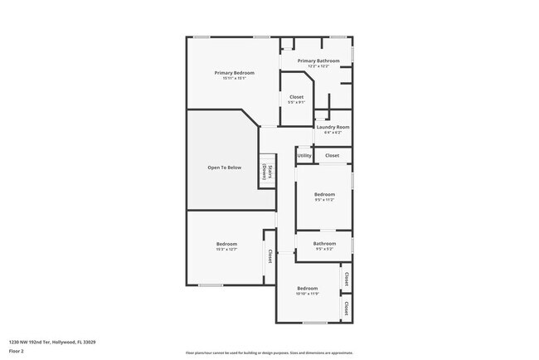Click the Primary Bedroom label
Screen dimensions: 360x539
pos(234,73)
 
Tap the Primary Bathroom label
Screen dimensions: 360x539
pos(318,61)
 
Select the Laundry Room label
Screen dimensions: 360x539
pos(333,127)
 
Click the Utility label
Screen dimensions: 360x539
pos(304,155)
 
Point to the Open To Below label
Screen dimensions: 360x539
pos(224,168)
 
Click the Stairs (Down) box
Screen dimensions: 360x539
pos(267,172)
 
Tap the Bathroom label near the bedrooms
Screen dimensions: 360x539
pos(324,243)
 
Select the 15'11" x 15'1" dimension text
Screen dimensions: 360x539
pos(234,79)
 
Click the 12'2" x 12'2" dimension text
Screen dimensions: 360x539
pos(318,66)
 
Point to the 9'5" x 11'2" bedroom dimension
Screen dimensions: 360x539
pos(324,200)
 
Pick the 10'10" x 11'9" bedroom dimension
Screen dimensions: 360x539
pos(308,294)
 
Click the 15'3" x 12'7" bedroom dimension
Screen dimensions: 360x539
pos(226,249)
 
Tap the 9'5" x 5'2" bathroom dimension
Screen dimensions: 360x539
pos(324,249)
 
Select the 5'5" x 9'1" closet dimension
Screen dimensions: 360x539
pos(296,103)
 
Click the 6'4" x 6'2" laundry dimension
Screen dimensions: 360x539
pos(333,133)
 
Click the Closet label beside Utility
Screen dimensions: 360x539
pos(332,155)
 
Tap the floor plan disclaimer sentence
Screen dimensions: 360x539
pos(269,353)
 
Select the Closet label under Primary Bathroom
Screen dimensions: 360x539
pos(296,97)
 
